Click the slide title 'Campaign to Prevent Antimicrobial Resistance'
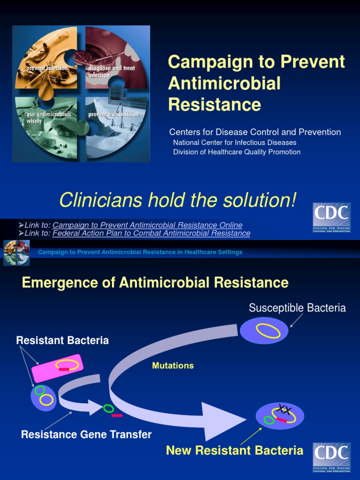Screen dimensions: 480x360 256,82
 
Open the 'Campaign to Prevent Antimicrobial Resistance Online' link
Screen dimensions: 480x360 147,225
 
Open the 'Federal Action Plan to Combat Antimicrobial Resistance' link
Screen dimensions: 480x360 151,233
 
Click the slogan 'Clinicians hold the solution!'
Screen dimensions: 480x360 178,201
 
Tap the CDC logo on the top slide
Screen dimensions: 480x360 332,217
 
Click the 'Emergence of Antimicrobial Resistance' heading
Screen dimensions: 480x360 155,283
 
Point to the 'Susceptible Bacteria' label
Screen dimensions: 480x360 297,308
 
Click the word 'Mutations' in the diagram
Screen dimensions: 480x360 173,366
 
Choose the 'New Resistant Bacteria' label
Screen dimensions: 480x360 234,451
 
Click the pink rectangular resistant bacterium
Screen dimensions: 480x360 57,367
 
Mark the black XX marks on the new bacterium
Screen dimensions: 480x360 283,410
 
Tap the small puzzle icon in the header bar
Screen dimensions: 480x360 16,252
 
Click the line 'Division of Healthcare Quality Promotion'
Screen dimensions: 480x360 237,152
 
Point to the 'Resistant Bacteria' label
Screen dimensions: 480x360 62,341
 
